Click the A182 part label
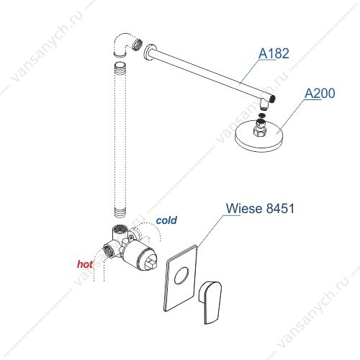pyautogui.click(x=274, y=53)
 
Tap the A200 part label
pyautogui.click(x=320, y=93)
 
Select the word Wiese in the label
pyautogui.click(x=244, y=208)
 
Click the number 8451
pyautogui.click(x=281, y=208)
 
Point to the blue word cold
pyautogui.click(x=166, y=220)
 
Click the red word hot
pyautogui.click(x=85, y=264)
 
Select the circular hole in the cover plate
pyautogui.click(x=181, y=276)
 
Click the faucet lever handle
pyautogui.click(x=210, y=302)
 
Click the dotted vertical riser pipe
pyautogui.click(x=120, y=139)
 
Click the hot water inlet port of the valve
pyautogui.click(x=109, y=251)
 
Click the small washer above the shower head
pyautogui.click(x=263, y=115)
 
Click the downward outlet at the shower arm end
pyautogui.click(x=264, y=104)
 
